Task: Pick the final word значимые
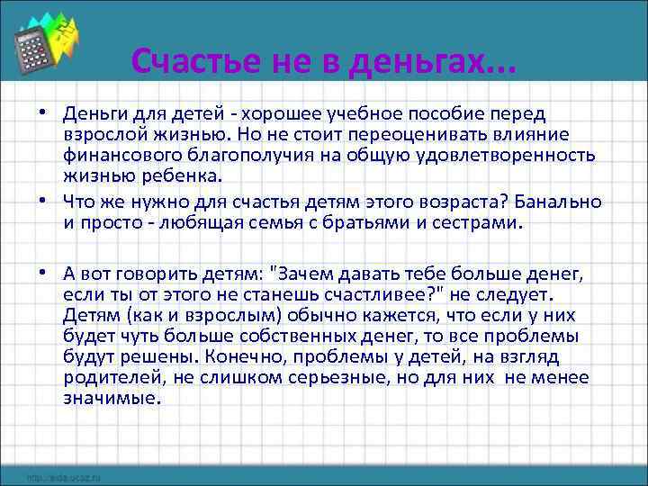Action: click(x=110, y=400)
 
